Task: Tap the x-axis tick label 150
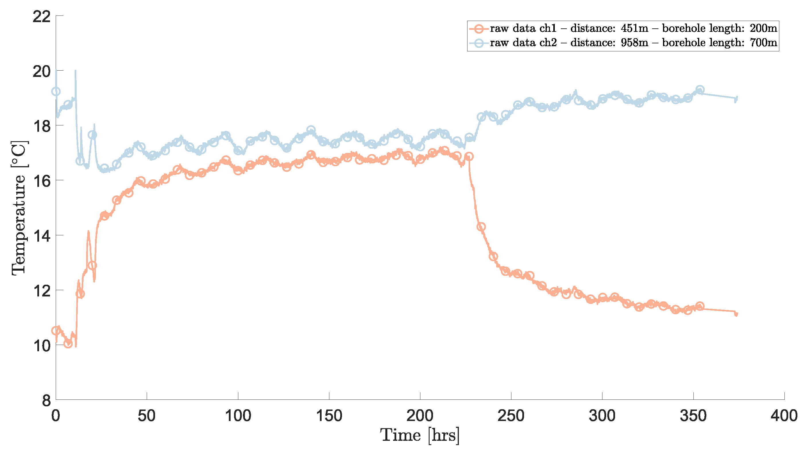coord(329,416)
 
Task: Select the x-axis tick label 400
coord(784,416)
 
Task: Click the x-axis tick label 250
coord(511,416)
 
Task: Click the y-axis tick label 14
coord(41,236)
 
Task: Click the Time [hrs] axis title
coord(420,435)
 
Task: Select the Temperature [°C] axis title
coord(19,208)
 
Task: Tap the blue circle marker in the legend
coord(478,43)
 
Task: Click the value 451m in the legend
coord(634,28)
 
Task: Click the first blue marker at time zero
coord(56,91)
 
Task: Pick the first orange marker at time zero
coord(56,331)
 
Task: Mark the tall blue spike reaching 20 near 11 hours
coord(75,72)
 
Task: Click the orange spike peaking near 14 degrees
coord(88,232)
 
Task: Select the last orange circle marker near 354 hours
coord(700,306)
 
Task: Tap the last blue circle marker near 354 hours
coord(700,90)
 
